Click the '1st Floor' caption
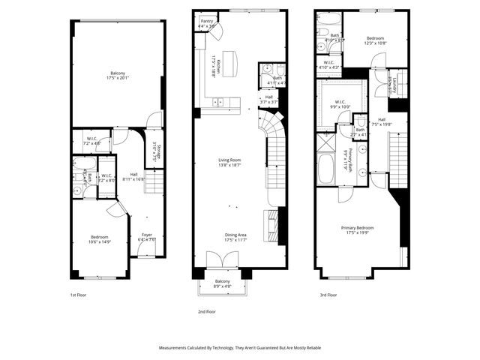[78, 295]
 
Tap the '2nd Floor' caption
[206, 310]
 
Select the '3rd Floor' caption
[327, 295]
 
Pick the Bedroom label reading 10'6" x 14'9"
[100, 239]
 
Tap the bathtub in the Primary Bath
[326, 167]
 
